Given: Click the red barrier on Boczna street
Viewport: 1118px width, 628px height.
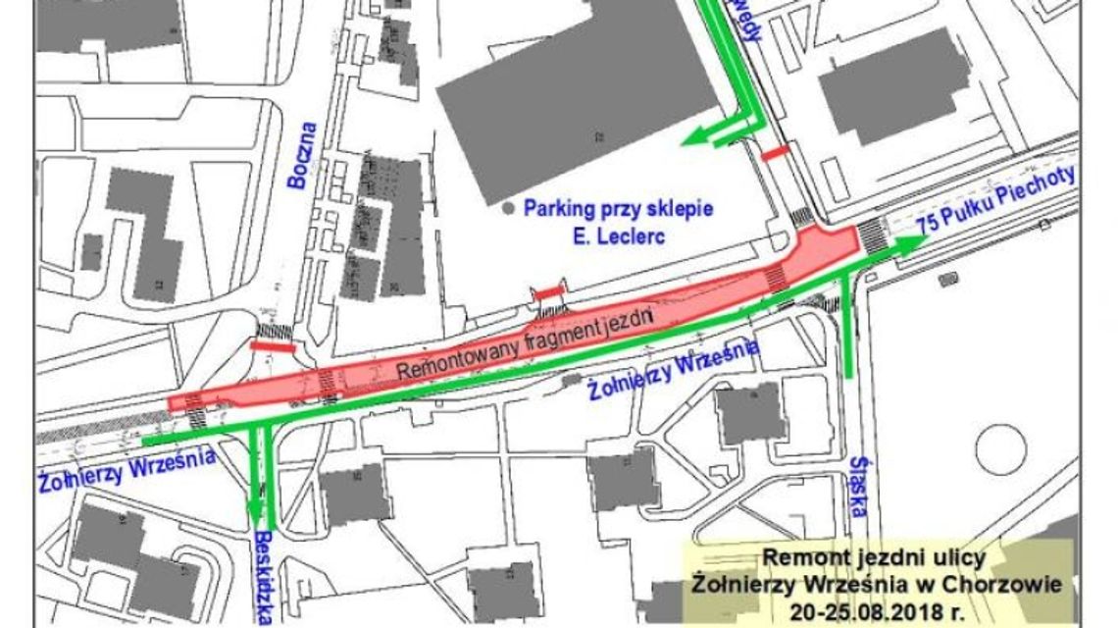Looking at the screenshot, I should click(273, 346).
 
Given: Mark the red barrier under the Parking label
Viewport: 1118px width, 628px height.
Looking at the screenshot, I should click(548, 291).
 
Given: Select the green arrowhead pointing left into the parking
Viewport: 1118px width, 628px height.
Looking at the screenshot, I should click(693, 138).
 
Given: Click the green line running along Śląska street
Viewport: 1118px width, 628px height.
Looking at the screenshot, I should click(847, 329).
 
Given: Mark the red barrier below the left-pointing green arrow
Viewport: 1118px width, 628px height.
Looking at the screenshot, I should click(776, 153).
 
